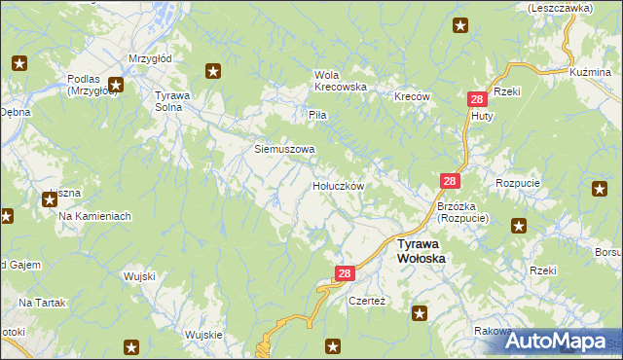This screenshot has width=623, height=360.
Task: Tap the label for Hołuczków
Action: coord(338,185)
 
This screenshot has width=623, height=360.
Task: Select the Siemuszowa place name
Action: coord(284,150)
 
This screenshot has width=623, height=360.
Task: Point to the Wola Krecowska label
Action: coord(340,80)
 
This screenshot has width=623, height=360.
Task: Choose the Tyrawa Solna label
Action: coord(176,100)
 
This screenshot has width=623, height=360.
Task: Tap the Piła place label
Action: coord(317,115)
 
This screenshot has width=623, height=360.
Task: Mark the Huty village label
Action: coord(481,116)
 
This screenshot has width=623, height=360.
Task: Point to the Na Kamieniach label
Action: coord(94,215)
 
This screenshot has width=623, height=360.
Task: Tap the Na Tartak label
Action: coord(42,304)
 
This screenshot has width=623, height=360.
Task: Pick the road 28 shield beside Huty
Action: coord(477,99)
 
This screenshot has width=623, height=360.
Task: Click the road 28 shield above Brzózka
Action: coord(450,182)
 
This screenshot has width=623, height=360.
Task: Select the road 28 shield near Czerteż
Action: coord(344,275)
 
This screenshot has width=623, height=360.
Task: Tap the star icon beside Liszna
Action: coord(50,200)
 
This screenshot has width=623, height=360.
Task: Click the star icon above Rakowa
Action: coord(420,313)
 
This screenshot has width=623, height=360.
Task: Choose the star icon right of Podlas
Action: coord(116,85)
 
